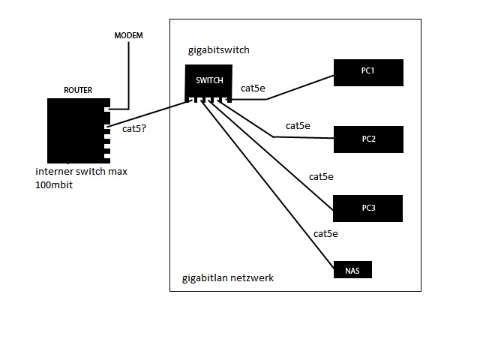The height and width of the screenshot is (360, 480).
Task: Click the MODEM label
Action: click(128, 36)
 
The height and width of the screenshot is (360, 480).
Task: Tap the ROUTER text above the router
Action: click(78, 90)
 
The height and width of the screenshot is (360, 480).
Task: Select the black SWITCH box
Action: click(209, 80)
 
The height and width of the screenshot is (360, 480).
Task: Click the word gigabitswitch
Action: click(218, 50)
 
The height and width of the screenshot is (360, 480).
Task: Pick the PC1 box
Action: click(368, 72)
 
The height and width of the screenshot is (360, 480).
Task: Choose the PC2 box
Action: click(368, 139)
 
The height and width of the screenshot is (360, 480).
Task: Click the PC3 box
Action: click(368, 208)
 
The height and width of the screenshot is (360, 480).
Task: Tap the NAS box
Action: click(352, 270)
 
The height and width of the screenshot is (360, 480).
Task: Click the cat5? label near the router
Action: click(133, 129)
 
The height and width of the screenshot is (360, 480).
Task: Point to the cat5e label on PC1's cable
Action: click(253, 88)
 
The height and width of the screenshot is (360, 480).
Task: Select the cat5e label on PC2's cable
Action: click(298, 125)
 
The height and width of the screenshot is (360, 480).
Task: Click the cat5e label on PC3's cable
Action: click(321, 177)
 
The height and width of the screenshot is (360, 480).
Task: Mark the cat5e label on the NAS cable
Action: click(325, 234)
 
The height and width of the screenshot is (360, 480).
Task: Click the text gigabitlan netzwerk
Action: click(228, 278)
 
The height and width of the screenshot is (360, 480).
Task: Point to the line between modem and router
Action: click(128, 75)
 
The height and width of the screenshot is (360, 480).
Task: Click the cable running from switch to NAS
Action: click(270, 187)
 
